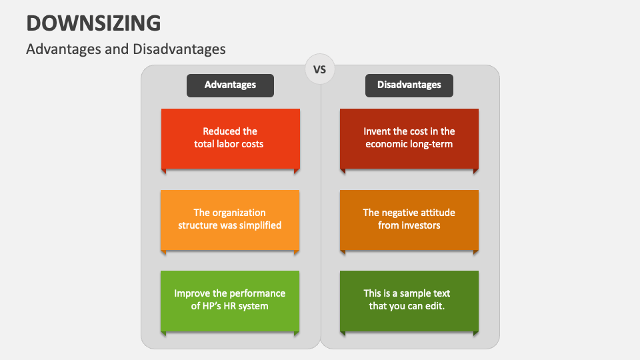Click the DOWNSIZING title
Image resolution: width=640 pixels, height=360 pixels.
[93, 23]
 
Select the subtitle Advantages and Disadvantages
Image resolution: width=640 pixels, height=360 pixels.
[126, 49]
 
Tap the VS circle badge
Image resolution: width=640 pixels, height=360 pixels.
[320, 69]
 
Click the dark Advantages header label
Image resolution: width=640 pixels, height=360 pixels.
[230, 85]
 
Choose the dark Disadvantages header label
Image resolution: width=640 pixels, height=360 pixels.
[409, 85]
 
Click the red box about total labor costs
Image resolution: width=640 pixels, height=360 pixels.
[230, 138]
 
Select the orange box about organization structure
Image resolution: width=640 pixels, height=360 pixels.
[230, 219]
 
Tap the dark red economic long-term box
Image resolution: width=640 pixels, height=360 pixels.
[409, 138]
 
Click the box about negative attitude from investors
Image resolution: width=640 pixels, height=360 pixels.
[409, 219]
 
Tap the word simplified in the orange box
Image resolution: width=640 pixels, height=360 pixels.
[259, 225]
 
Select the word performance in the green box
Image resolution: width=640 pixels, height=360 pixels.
[258, 293]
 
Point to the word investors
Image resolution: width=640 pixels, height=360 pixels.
[420, 225]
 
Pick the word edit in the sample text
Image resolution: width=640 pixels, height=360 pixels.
[434, 306]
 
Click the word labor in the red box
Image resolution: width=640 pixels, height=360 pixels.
[230, 144]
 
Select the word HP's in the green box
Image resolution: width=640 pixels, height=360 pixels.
[204, 306]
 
